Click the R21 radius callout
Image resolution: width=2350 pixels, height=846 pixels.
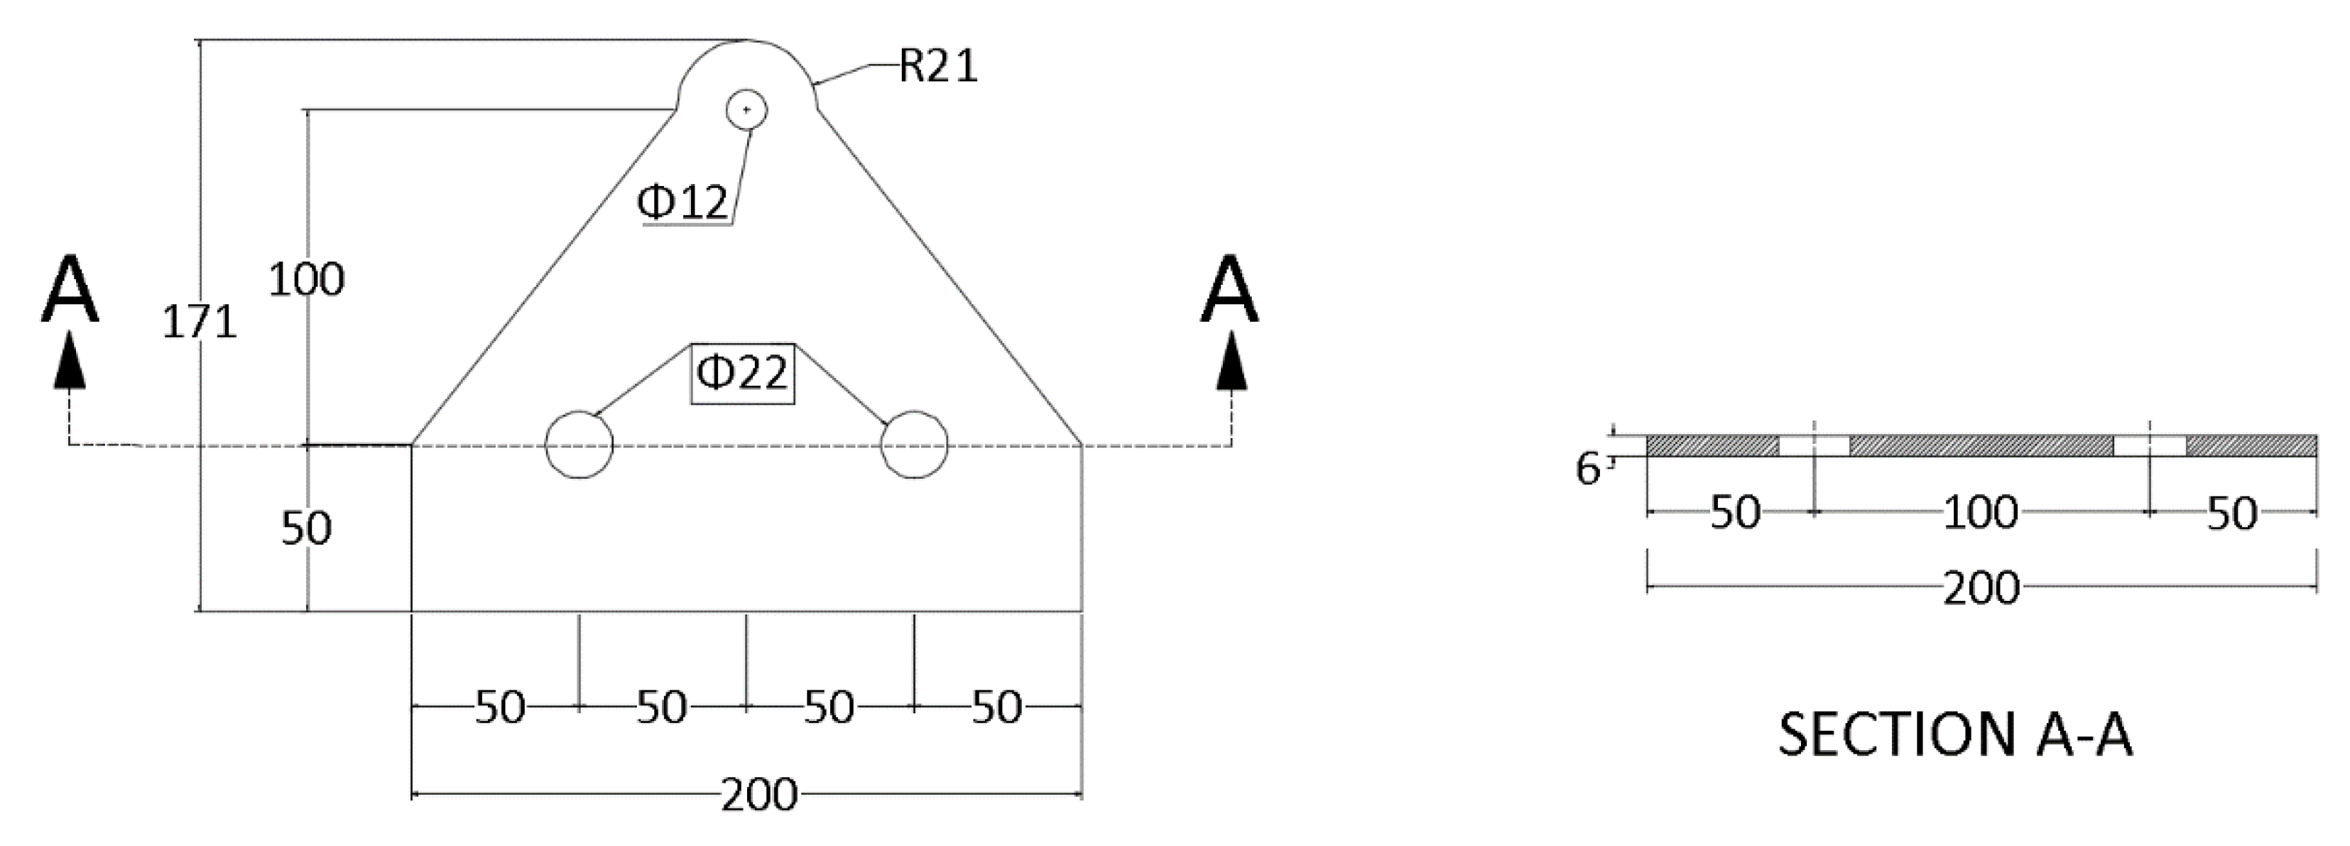tap(938, 67)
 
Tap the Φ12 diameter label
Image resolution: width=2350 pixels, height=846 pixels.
tap(683, 202)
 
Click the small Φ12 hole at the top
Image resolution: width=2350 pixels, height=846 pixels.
tap(746, 110)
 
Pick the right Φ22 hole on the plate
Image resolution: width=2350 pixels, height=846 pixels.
tap(914, 445)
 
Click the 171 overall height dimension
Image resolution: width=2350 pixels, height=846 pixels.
tap(199, 322)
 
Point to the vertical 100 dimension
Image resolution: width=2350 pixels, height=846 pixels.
tap(307, 279)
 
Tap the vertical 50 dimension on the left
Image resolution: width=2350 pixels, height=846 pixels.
tap(307, 528)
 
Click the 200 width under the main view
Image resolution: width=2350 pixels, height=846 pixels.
tap(759, 795)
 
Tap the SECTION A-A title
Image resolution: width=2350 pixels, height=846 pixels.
tap(1955, 734)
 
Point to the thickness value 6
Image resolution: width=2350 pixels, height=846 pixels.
tap(1587, 469)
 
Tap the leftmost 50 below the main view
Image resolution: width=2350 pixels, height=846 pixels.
tap(500, 707)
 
